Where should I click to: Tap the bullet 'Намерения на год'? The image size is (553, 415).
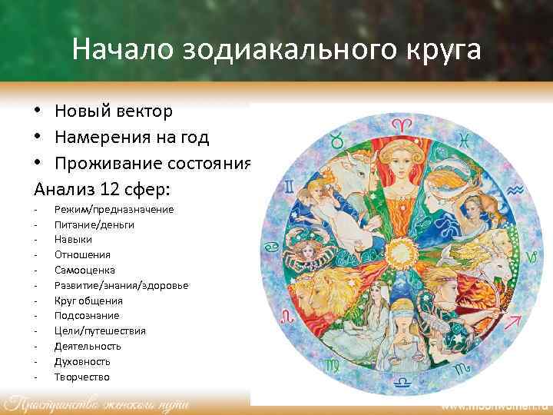pyautogui.click(x=131, y=138)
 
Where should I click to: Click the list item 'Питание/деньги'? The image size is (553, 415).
pyautogui.click(x=94, y=224)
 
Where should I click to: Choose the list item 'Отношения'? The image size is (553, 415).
pyautogui.click(x=82, y=254)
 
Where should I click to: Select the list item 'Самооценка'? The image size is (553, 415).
pyautogui.click(x=85, y=270)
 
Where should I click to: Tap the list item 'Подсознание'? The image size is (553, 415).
pyautogui.click(x=87, y=315)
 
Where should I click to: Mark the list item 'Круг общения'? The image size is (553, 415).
pyautogui.click(x=88, y=300)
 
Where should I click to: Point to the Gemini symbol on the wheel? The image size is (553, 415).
pyautogui.click(x=289, y=187)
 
